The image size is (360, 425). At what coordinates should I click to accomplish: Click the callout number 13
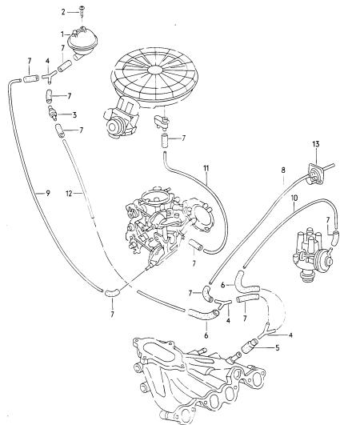click(x=316, y=143)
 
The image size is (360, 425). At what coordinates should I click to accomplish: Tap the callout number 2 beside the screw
click(x=63, y=12)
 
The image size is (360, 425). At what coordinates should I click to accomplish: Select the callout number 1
click(x=62, y=34)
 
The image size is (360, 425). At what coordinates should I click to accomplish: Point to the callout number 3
click(x=74, y=115)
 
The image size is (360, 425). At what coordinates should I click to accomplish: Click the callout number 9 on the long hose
click(x=48, y=193)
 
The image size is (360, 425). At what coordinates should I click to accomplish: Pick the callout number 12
click(x=69, y=193)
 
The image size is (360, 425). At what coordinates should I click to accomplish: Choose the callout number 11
click(x=206, y=168)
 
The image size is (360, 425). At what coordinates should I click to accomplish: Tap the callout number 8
click(x=283, y=170)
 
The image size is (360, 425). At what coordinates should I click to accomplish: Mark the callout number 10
click(x=294, y=198)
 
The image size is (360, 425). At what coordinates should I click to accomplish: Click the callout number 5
click(x=277, y=347)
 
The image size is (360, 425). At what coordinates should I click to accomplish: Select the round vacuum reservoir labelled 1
click(x=82, y=42)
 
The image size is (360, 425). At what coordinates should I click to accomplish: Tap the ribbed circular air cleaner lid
click(x=155, y=76)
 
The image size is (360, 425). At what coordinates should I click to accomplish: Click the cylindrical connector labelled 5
click(x=250, y=347)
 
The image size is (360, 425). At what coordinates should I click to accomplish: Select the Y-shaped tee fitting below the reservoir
click(x=49, y=77)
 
